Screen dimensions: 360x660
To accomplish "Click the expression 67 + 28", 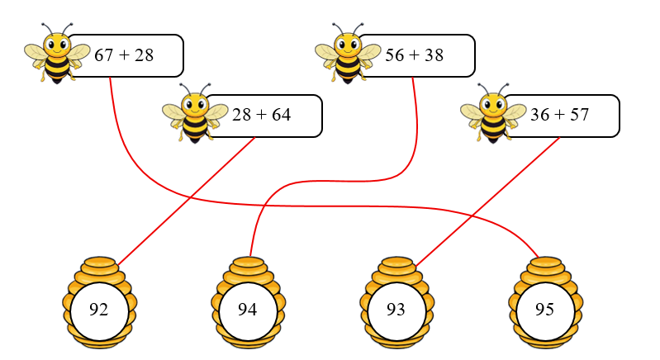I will coord(124,55).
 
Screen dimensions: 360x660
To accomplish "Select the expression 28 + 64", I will coord(261,115).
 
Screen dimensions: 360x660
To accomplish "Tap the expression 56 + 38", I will coord(415,55).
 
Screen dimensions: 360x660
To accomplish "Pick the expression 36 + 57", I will coord(559,115).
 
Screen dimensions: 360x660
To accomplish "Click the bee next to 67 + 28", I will coord(56,54).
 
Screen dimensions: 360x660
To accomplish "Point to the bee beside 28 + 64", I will coord(194,113).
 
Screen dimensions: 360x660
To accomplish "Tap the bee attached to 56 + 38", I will coord(347,54).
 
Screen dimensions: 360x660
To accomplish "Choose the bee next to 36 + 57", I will coord(492,113).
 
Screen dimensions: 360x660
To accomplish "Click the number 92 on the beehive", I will coord(99,310).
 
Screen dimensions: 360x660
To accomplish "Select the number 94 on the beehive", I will coord(248,310).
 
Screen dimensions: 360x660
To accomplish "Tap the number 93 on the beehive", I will coord(396,310).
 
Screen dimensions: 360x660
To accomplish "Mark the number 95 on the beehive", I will coord(544,310).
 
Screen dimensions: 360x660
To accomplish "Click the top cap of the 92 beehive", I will coord(99,263).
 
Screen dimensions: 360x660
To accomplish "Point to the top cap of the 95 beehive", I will coord(545,263).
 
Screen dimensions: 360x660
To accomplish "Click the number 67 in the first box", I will coord(104,55).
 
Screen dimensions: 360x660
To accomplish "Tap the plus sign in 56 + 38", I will coord(415,55).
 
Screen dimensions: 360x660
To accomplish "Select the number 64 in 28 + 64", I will coord(281,115).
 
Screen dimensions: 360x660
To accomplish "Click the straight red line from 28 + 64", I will coord(186,201).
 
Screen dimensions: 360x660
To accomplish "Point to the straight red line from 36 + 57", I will coord(487,201).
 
